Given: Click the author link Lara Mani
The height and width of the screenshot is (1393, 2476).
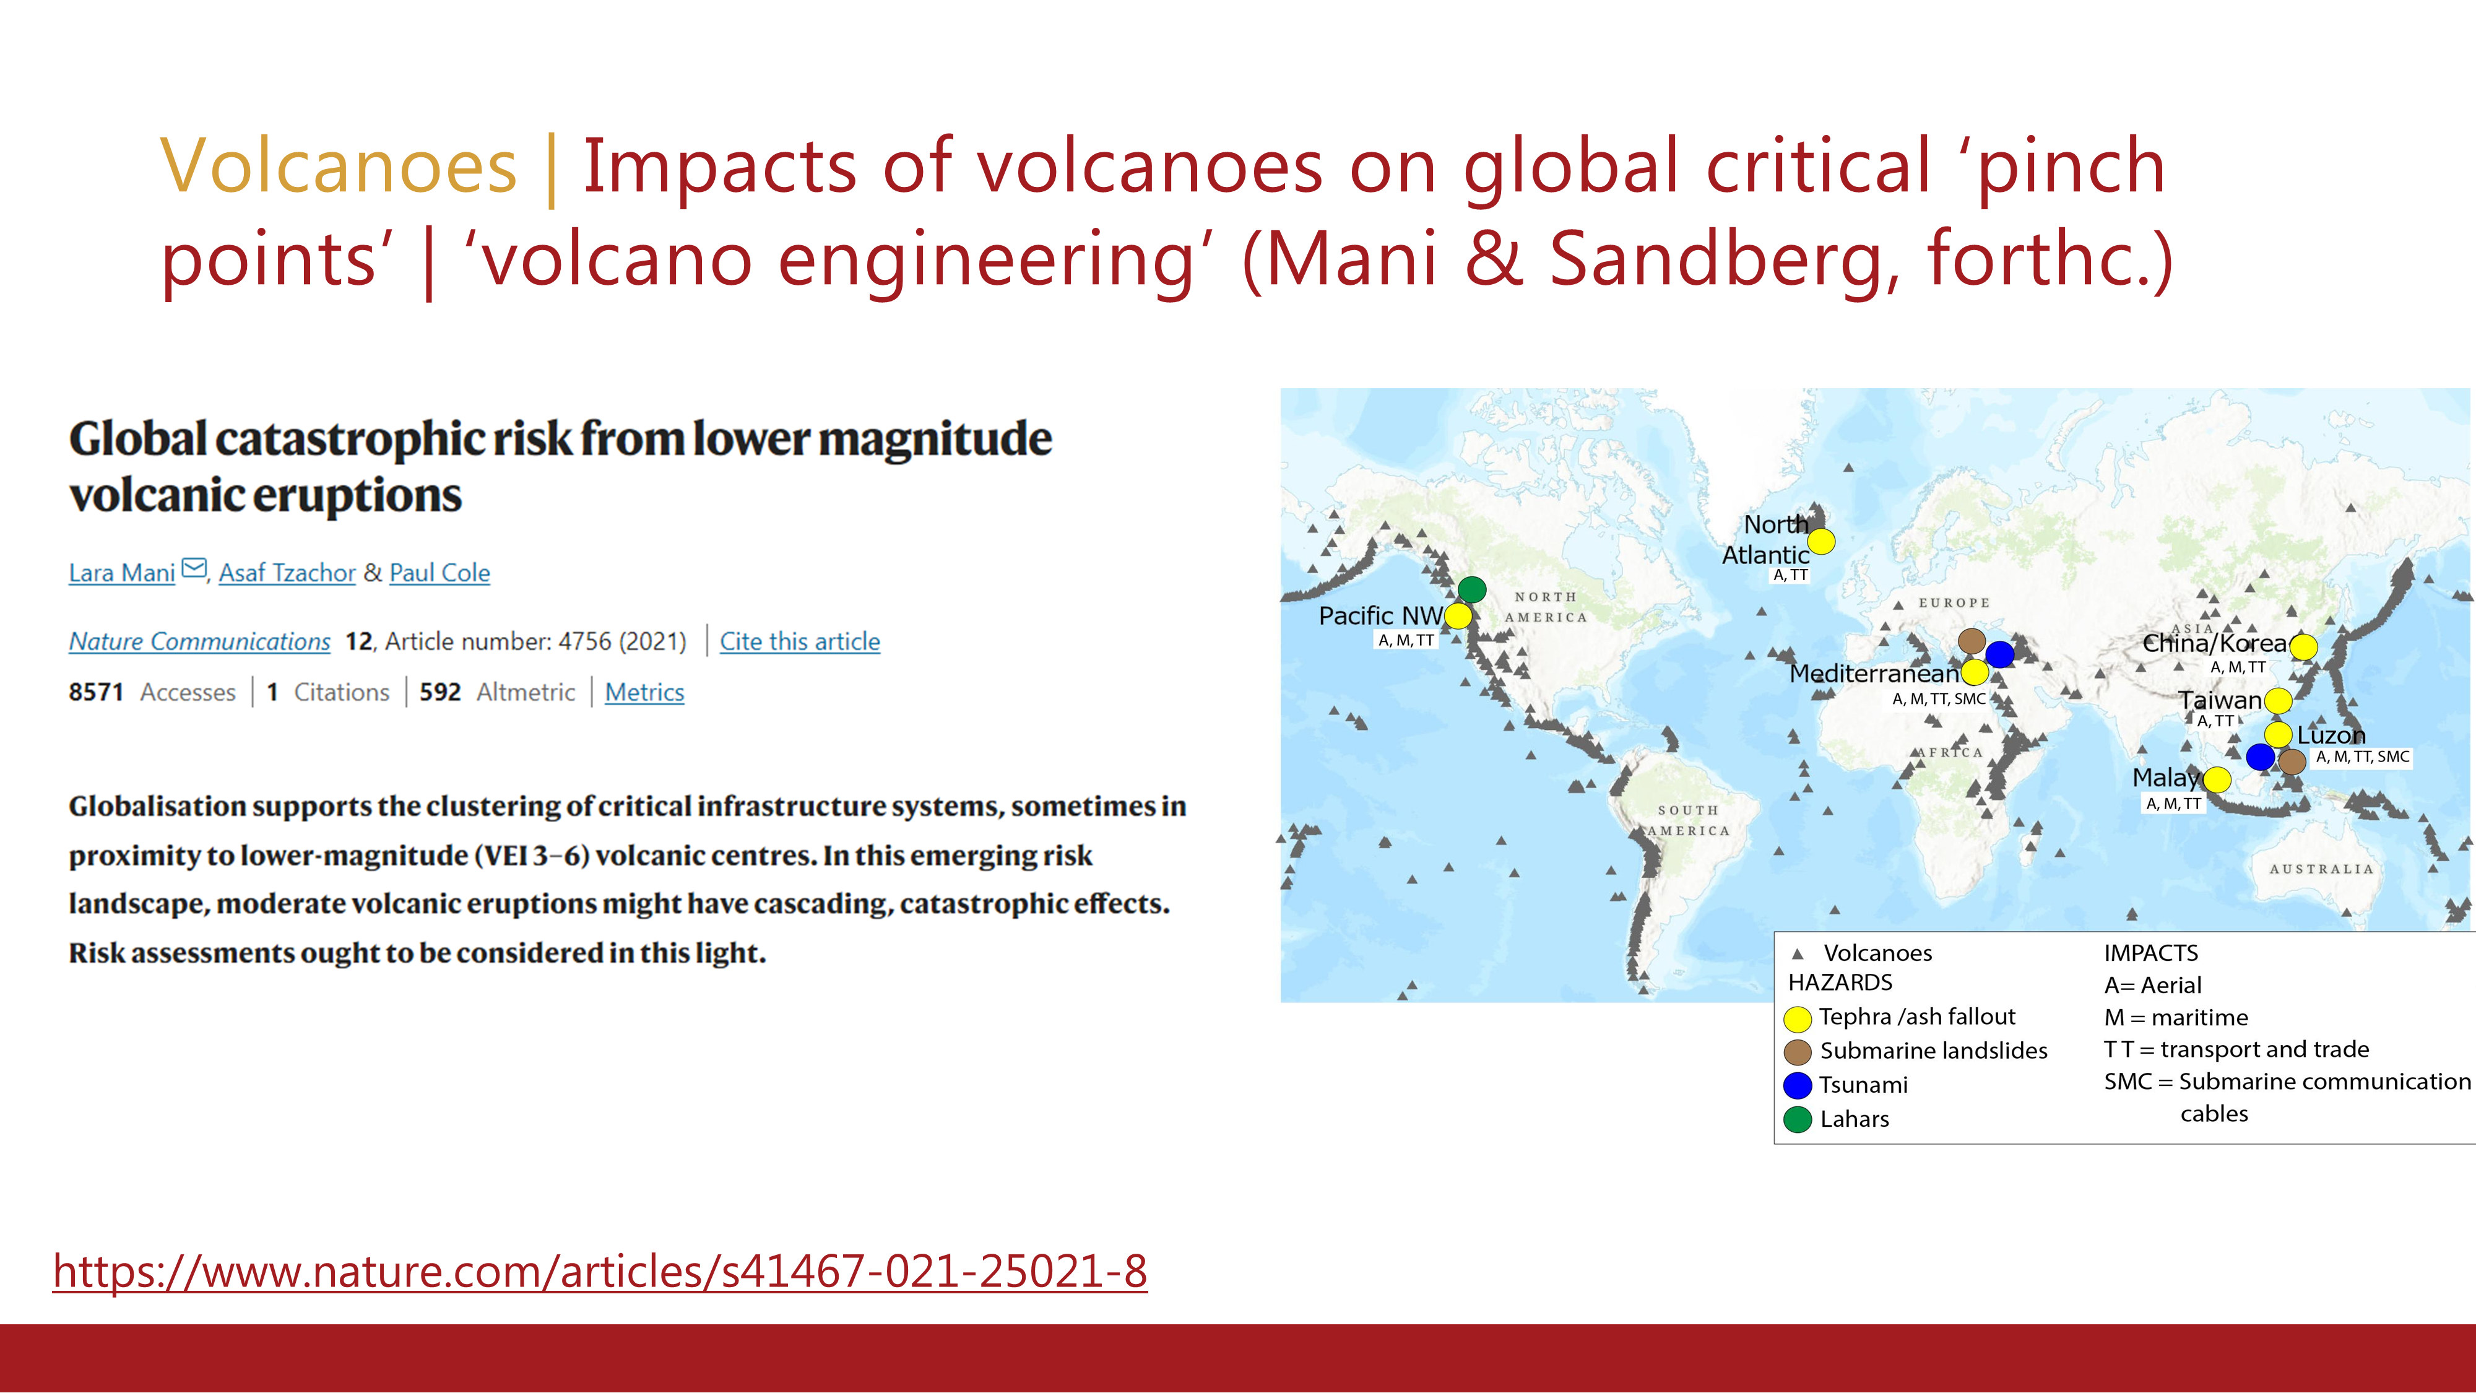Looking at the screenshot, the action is (x=122, y=573).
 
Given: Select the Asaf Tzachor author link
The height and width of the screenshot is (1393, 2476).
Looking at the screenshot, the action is (x=287, y=573).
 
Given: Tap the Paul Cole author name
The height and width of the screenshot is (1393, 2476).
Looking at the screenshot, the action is (x=439, y=573).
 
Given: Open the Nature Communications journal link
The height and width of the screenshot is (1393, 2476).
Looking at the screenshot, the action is (x=200, y=641).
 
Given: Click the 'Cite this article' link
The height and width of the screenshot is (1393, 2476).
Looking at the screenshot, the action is (x=800, y=641).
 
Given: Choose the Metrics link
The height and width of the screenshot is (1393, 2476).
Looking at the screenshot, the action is (x=644, y=692).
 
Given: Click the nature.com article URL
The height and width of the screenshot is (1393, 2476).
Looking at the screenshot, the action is (x=600, y=1271).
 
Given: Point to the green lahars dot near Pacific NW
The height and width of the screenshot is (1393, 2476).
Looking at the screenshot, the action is (x=1471, y=589).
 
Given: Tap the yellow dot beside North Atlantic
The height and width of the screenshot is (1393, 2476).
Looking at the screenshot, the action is (x=1820, y=541).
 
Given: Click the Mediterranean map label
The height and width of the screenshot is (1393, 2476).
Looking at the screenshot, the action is (x=1873, y=673).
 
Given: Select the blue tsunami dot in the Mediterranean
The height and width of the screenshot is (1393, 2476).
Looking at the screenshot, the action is (x=1999, y=654).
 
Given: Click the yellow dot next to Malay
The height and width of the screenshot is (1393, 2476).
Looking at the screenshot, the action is (x=2217, y=779).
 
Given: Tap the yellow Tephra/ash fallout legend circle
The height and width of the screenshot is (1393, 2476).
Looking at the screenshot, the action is (x=1798, y=1018).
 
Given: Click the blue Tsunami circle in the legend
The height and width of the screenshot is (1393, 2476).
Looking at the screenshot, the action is (x=1798, y=1085).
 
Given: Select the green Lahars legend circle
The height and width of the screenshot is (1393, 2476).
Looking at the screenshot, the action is (x=1798, y=1119).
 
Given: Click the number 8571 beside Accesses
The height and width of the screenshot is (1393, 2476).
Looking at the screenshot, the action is (x=96, y=692).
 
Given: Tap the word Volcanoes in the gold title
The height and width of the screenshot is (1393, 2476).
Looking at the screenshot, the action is (x=339, y=165).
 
